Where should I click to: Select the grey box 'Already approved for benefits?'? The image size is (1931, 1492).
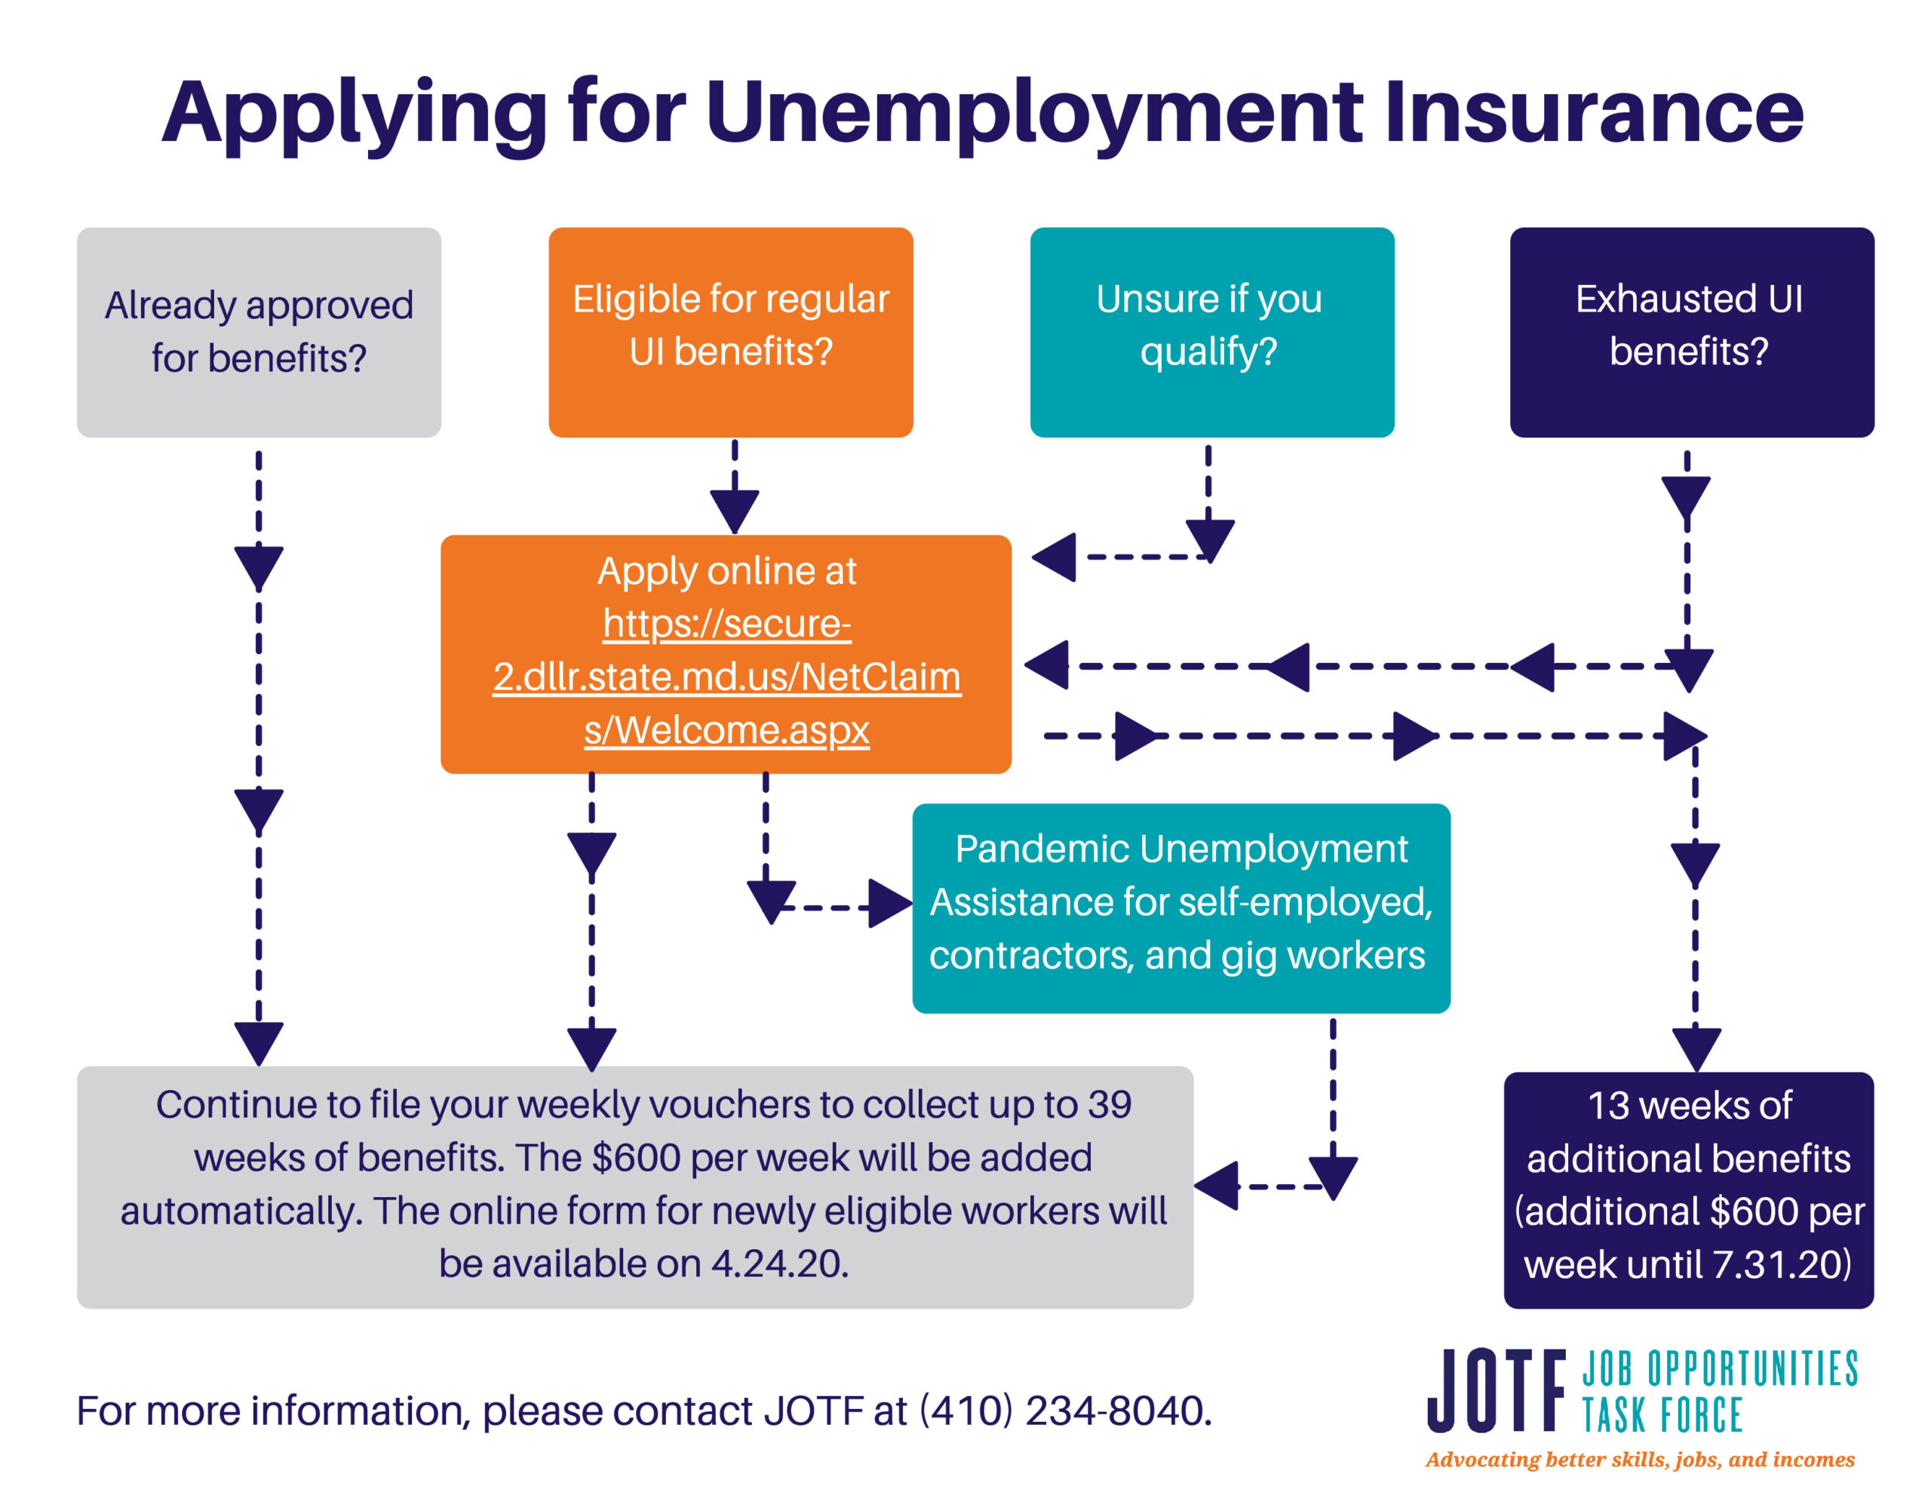click(x=259, y=332)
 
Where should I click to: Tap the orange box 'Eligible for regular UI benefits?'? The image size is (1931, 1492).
click(x=730, y=332)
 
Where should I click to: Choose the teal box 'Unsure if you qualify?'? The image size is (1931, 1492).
click(x=1211, y=332)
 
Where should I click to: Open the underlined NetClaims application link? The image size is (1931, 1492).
click(x=727, y=677)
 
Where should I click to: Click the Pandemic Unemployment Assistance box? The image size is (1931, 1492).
click(x=1181, y=907)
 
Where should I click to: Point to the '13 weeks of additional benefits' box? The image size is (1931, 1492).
click(x=1689, y=1190)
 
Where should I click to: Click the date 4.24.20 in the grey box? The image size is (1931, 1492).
click(x=779, y=1263)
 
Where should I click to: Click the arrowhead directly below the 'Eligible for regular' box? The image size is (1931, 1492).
click(x=734, y=511)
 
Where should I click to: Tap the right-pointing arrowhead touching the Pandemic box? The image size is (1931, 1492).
click(x=890, y=903)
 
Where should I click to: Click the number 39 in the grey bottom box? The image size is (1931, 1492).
click(x=1110, y=1104)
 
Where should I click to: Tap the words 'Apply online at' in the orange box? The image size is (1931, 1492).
click(x=727, y=571)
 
